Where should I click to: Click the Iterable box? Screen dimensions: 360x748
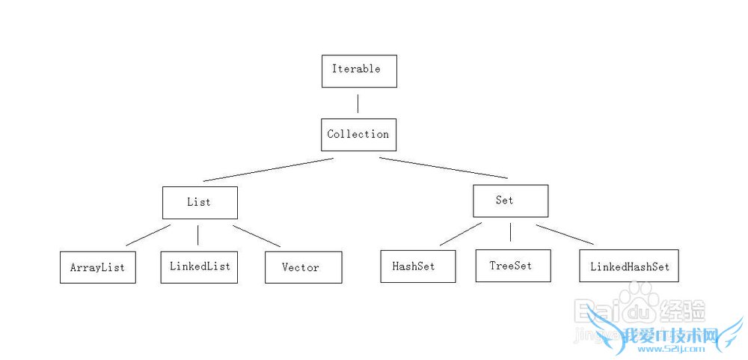pyautogui.click(x=359, y=70)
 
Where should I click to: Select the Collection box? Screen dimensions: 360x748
pyautogui.click(x=358, y=135)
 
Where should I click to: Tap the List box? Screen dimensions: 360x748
pyautogui.click(x=200, y=202)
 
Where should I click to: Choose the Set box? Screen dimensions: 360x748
pyautogui.click(x=510, y=201)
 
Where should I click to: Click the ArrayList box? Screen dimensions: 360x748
pyautogui.click(x=97, y=267)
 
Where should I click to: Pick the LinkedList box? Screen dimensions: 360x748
pyautogui.click(x=199, y=266)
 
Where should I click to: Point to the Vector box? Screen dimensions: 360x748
pyautogui.click(x=303, y=267)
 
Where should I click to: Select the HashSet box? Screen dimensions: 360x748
pyautogui.click(x=417, y=266)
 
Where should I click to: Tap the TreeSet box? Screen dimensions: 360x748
pyautogui.click(x=512, y=266)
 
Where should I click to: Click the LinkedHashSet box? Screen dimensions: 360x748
pyautogui.click(x=628, y=266)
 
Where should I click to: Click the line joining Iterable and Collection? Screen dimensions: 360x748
pyautogui.click(x=358, y=103)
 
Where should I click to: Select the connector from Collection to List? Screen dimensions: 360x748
pyautogui.click(x=268, y=169)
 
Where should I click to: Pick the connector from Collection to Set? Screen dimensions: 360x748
pyautogui.click(x=443, y=168)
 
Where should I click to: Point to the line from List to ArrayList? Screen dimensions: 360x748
pyautogui.click(x=148, y=235)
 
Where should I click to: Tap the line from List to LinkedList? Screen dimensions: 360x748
pyautogui.click(x=197, y=235)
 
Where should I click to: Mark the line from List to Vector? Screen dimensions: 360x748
pyautogui.click(x=257, y=236)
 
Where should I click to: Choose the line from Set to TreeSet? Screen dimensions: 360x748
pyautogui.click(x=510, y=231)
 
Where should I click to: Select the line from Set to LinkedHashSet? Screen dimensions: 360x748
pyautogui.click(x=565, y=234)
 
